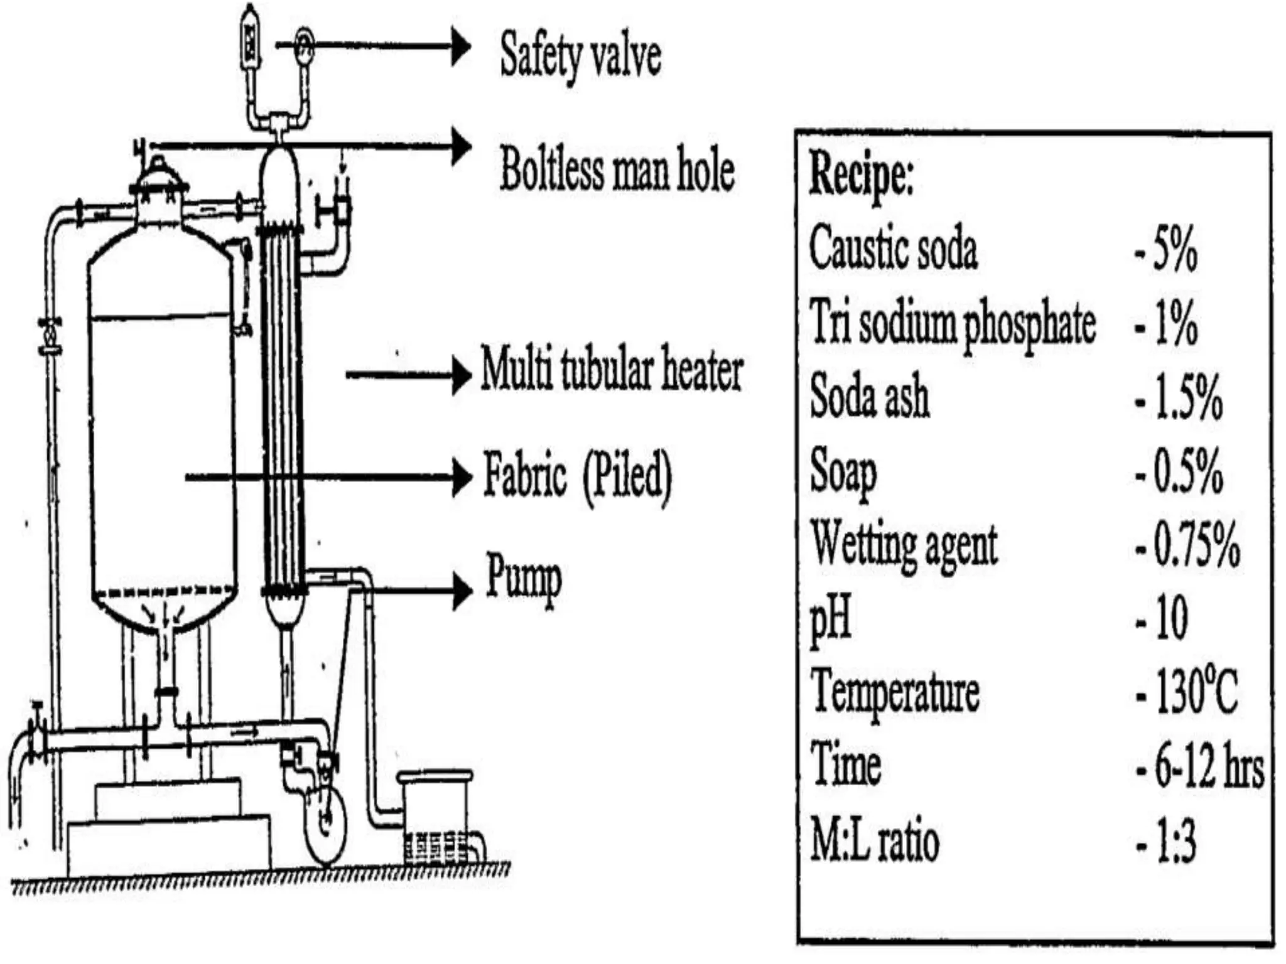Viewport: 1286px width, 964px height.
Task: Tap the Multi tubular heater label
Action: pyautogui.click(x=612, y=370)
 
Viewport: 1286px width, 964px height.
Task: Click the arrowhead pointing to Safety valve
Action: pyautogui.click(x=462, y=45)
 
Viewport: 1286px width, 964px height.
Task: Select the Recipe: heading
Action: pyautogui.click(x=860, y=174)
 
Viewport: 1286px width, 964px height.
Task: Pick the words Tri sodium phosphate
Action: pyautogui.click(x=952, y=324)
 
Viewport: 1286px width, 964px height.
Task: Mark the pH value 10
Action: pyautogui.click(x=1169, y=618)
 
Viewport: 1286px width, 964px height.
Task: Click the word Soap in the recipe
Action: pyautogui.click(x=843, y=472)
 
